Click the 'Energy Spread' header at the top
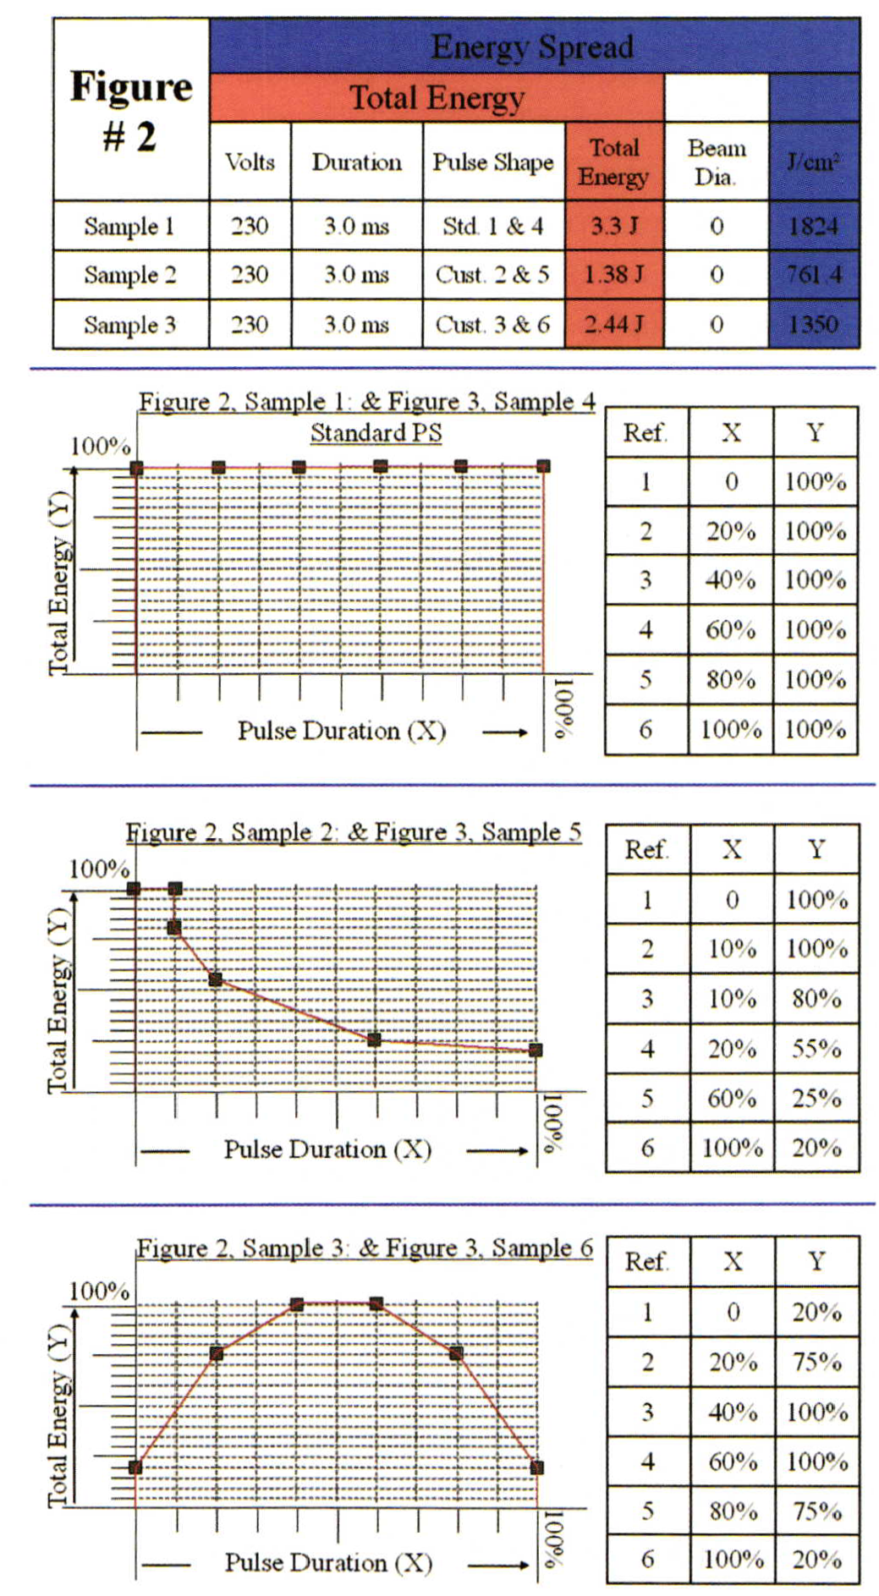click(x=532, y=47)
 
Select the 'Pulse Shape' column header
click(x=492, y=162)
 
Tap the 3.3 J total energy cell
click(x=614, y=226)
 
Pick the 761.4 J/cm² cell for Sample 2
click(x=814, y=274)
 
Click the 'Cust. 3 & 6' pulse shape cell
click(x=492, y=324)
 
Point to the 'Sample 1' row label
click(x=129, y=226)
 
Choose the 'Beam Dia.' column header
click(x=716, y=162)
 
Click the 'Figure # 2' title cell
click(x=130, y=110)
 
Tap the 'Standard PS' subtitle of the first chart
click(x=376, y=432)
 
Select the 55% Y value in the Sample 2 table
click(x=816, y=1049)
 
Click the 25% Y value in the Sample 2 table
click(x=816, y=1098)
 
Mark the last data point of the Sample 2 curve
click(x=536, y=1050)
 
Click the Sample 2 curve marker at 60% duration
click(x=375, y=1039)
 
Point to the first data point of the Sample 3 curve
click(x=135, y=1467)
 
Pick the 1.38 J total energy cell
click(x=614, y=274)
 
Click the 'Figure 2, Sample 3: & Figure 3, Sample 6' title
click(x=365, y=1248)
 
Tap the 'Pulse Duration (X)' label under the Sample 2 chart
click(x=327, y=1149)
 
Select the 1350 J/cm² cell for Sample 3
click(x=814, y=324)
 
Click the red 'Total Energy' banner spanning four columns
click(x=437, y=98)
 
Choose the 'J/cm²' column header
click(x=814, y=162)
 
